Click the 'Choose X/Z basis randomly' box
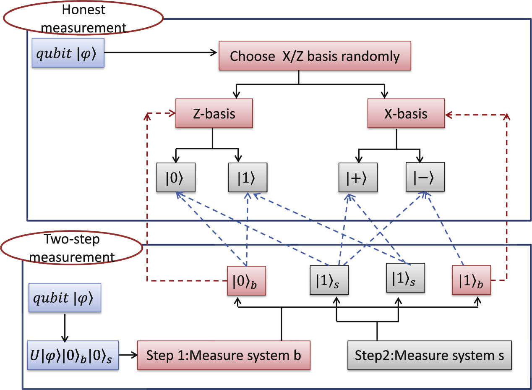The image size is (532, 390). pyautogui.click(x=315, y=56)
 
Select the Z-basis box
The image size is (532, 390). pyautogui.click(x=214, y=113)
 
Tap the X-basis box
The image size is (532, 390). pyautogui.click(x=406, y=113)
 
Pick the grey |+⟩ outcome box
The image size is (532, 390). pyautogui.click(x=358, y=178)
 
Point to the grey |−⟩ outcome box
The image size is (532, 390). pyautogui.click(x=425, y=178)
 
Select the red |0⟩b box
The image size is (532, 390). pyautogui.click(x=245, y=280)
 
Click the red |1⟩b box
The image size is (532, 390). pyautogui.click(x=471, y=280)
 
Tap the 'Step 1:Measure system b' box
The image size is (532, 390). pyautogui.click(x=224, y=355)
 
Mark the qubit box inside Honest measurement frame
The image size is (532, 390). pyautogui.click(x=68, y=53)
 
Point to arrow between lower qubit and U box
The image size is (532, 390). pyautogui.click(x=64, y=327)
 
